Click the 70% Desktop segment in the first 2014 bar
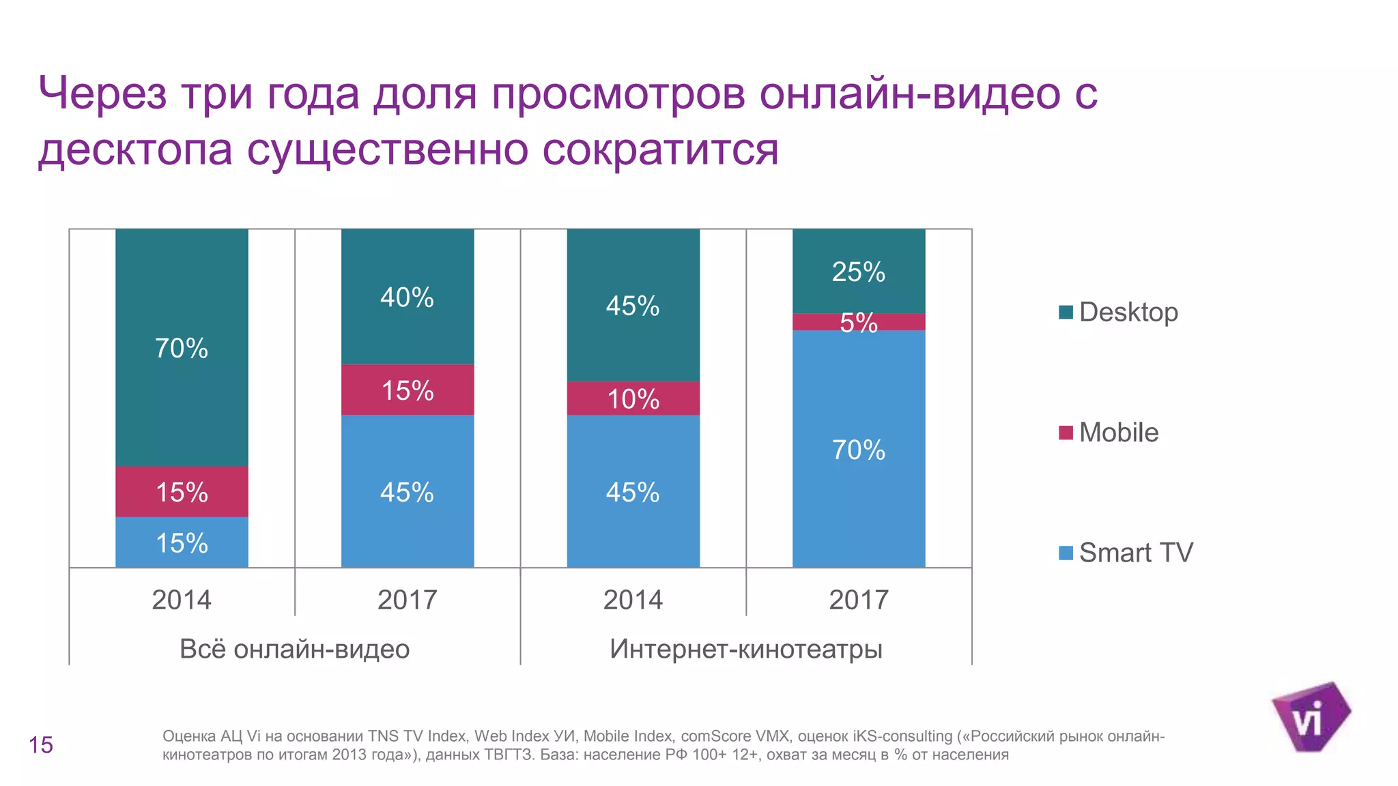[x=182, y=348]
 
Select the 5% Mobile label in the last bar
[x=858, y=323]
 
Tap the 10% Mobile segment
[x=633, y=398]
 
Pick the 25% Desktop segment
[x=858, y=272]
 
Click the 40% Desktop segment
[x=407, y=297]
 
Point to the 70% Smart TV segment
[x=858, y=450]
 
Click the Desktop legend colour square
[x=1066, y=312]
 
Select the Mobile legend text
[x=1118, y=433]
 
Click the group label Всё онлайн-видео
[x=294, y=649]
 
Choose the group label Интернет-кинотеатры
[x=745, y=649]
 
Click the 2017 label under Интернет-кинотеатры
[x=858, y=600]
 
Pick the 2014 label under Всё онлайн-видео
[x=182, y=600]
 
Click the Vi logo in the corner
[x=1309, y=718]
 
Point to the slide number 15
[x=41, y=745]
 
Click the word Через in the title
[x=102, y=93]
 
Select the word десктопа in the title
[x=135, y=149]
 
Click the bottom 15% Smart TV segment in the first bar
[x=182, y=543]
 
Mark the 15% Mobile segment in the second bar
[x=407, y=390]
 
